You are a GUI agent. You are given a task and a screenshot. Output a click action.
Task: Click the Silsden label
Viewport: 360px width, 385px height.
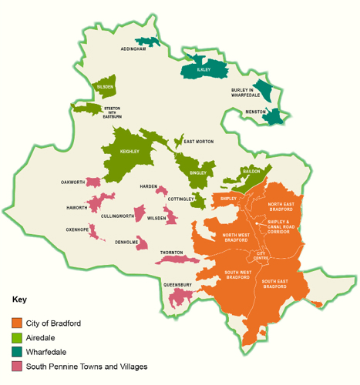pos(105,87)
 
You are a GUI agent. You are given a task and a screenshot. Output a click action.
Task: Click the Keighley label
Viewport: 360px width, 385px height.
pos(130,152)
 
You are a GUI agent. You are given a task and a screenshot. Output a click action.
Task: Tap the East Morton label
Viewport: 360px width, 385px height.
pos(198,142)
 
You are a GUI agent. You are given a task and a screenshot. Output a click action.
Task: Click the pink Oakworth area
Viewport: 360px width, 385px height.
pos(93,182)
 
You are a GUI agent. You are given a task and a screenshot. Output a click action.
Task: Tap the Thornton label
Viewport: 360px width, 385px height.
pos(171,253)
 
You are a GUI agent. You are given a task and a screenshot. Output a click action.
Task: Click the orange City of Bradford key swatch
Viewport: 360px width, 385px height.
pos(17,323)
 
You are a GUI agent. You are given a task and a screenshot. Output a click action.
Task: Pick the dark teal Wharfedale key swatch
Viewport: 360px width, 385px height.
pos(17,352)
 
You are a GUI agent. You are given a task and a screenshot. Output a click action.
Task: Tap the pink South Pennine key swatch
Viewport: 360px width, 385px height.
pos(17,367)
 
